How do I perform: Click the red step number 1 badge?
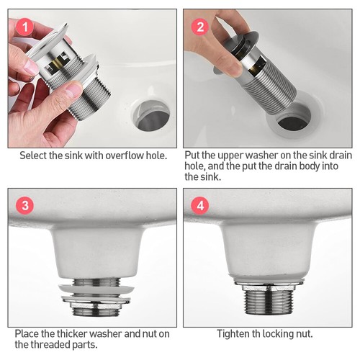(25, 27)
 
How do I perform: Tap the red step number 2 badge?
(200, 27)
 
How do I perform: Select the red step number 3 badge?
(25, 206)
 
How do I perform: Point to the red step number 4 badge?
(200, 206)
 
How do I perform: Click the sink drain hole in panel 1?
(151, 116)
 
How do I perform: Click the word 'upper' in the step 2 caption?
(230, 156)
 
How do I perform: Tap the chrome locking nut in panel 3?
(96, 303)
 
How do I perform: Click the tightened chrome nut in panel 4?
(269, 285)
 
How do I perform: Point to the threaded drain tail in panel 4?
(269, 302)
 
